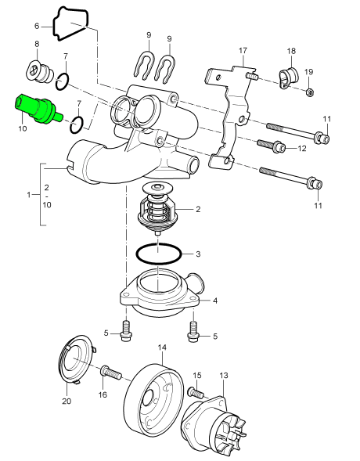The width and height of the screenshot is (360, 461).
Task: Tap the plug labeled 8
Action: pyautogui.click(x=39, y=71)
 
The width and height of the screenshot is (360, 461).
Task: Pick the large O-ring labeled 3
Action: pyautogui.click(x=160, y=254)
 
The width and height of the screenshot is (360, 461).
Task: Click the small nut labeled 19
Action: pyautogui.click(x=311, y=92)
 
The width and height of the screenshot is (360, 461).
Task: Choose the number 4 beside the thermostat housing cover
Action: pyautogui.click(x=215, y=300)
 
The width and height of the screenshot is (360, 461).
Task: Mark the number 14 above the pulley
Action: pyautogui.click(x=162, y=347)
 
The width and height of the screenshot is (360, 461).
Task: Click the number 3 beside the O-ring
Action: pyautogui.click(x=198, y=254)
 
